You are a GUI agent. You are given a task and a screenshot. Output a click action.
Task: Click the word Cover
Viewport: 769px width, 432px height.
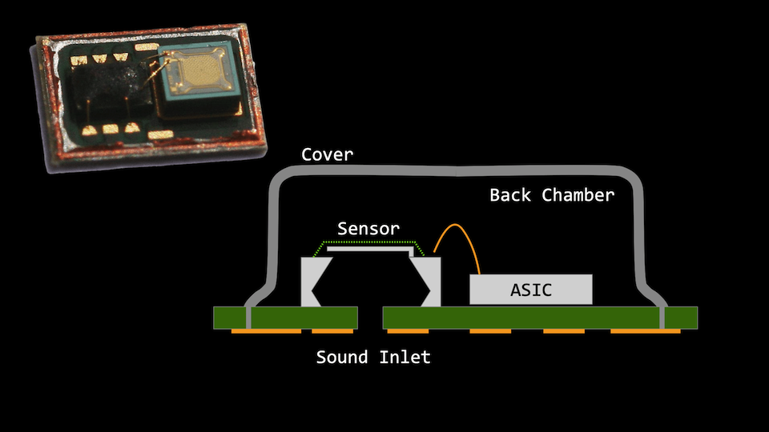click(327, 154)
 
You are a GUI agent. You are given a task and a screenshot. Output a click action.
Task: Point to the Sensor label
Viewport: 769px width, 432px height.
click(368, 228)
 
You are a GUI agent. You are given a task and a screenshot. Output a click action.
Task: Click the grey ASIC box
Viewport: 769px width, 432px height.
click(531, 290)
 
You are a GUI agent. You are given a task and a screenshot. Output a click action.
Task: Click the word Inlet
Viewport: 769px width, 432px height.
click(406, 357)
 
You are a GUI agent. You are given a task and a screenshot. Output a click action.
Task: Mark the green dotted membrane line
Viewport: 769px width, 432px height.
click(371, 242)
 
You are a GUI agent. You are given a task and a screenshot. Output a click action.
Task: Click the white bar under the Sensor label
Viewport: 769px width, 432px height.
click(371, 250)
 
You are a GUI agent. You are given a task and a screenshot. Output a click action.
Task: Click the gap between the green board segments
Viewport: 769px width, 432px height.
click(371, 318)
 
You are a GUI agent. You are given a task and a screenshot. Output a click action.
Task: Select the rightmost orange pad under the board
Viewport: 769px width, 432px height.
click(645, 330)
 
